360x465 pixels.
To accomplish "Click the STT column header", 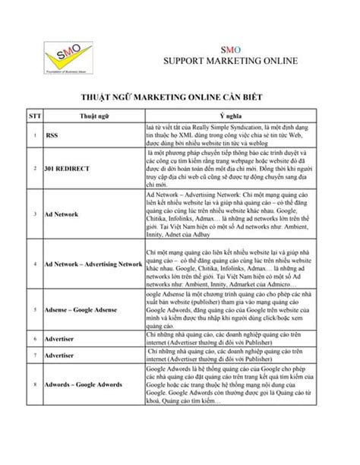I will pyautogui.click(x=35, y=115).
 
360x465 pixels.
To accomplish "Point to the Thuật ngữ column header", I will pyautogui.click(x=93, y=115).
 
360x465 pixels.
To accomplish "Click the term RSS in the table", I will pyautogui.click(x=52, y=136).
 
